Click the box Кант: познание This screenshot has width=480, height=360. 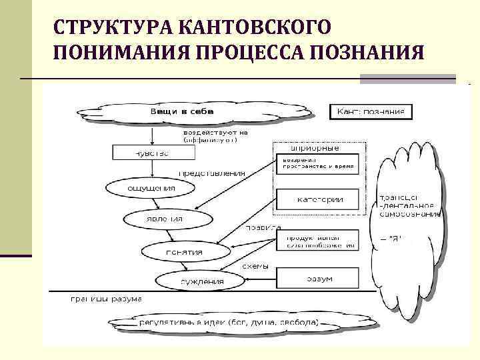(x=370, y=111)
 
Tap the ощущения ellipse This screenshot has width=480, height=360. (x=151, y=188)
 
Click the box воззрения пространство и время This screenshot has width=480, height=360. (x=317, y=163)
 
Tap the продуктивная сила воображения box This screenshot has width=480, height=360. (x=317, y=241)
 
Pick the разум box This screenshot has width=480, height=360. (x=317, y=277)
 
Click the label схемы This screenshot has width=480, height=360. (x=255, y=265)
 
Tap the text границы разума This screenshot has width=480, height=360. (x=107, y=299)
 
